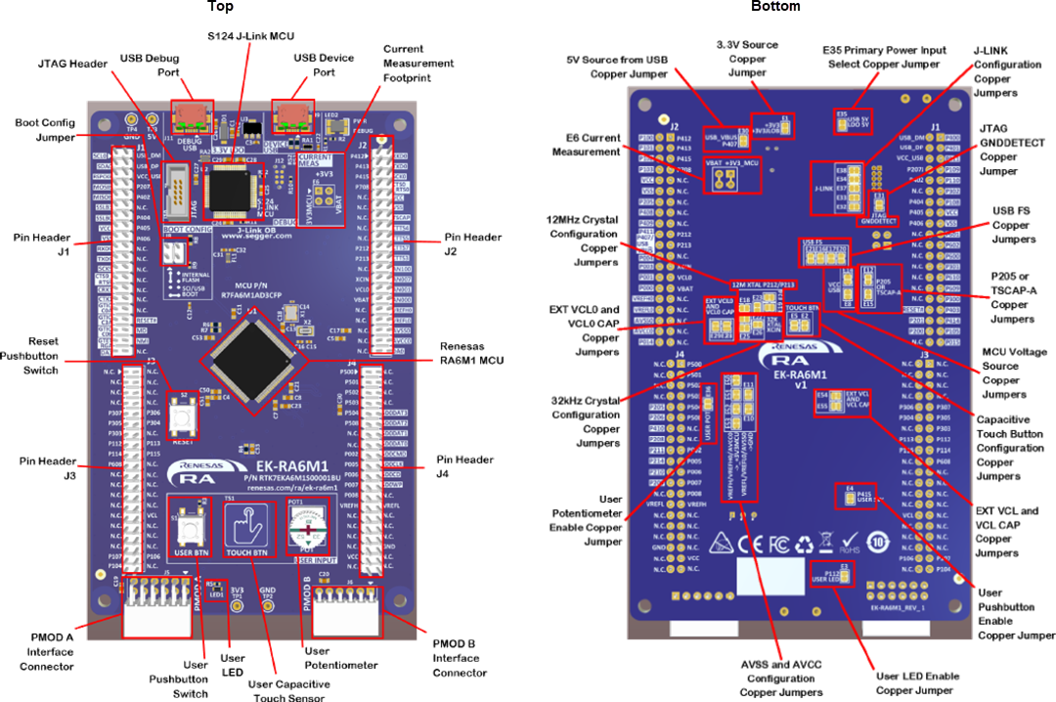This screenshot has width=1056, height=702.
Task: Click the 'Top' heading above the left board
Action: click(220, 7)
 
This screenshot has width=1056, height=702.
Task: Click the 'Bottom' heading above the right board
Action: click(775, 7)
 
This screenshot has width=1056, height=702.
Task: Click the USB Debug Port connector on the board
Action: click(193, 114)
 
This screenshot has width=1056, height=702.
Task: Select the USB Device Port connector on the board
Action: click(290, 114)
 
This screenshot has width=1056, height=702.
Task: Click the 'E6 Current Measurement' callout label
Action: click(587, 145)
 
